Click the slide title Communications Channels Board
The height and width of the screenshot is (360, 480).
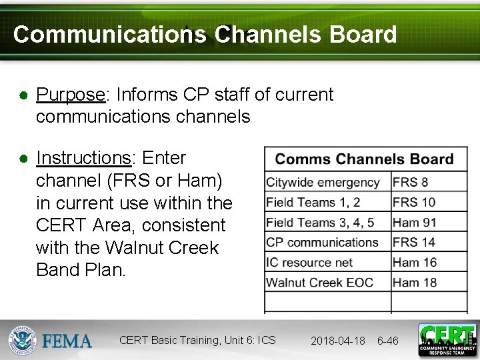pyautogui.click(x=205, y=35)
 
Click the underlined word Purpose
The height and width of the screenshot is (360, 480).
pyautogui.click(x=70, y=95)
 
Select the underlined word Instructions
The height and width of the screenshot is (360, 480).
pyautogui.click(x=83, y=158)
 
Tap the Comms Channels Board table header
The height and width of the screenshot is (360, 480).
pyautogui.click(x=364, y=159)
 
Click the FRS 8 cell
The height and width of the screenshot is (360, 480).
pyautogui.click(x=411, y=182)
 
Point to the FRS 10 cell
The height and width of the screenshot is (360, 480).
pyautogui.click(x=414, y=202)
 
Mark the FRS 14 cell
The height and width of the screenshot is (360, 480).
pyautogui.click(x=414, y=242)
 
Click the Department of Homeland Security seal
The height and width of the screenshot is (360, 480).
pyautogui.click(x=22, y=341)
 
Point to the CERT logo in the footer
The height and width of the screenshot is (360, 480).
pyautogui.click(x=447, y=339)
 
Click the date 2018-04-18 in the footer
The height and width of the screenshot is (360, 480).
pyautogui.click(x=337, y=341)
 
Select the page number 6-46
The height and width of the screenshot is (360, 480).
pyautogui.click(x=387, y=341)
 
